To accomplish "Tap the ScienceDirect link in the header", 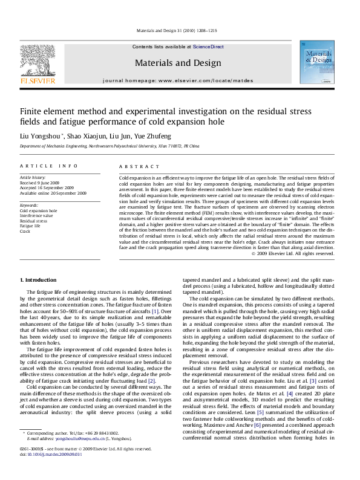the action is [x=208, y=47].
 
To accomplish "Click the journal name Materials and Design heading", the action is [x=177, y=63].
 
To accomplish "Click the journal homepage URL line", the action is [x=178, y=80].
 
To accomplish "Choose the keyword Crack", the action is [x=25, y=230].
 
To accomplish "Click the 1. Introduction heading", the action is [x=38, y=280].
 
